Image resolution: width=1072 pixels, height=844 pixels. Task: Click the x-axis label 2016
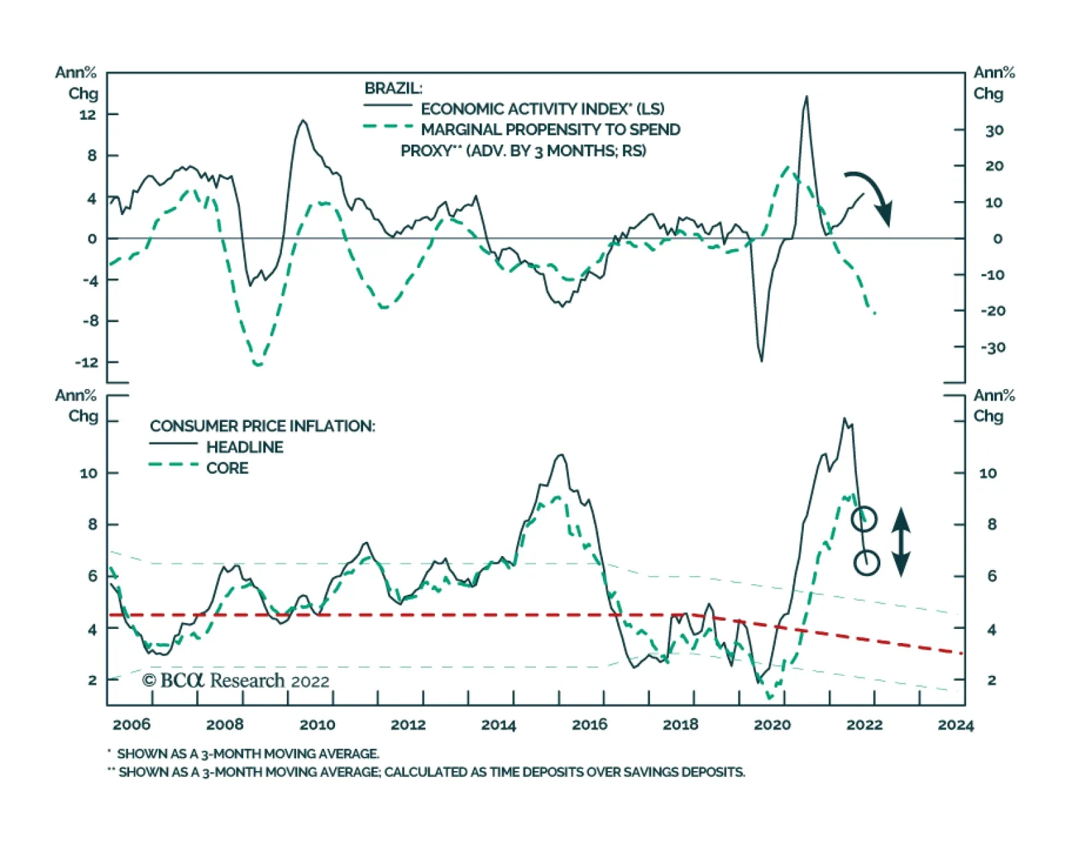tap(589, 725)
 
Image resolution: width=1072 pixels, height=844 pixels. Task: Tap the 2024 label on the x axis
tap(955, 725)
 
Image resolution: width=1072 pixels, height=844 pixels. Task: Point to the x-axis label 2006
tap(131, 725)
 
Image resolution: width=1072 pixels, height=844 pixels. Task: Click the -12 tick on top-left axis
tap(86, 362)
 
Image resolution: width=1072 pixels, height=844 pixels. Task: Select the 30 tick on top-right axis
tap(994, 131)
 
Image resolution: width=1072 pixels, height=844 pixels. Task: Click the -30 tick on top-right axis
tap(992, 348)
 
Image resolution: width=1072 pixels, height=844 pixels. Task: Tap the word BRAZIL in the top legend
tap(393, 88)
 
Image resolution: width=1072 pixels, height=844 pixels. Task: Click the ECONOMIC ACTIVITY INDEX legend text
tap(542, 109)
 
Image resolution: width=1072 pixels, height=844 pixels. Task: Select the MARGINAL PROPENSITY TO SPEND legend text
tap(550, 130)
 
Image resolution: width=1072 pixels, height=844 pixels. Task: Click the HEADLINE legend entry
tap(245, 447)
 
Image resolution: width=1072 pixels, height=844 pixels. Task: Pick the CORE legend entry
tap(227, 468)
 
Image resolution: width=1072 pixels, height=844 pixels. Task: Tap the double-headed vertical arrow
tap(901, 542)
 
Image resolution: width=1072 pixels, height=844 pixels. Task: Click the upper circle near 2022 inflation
tap(864, 518)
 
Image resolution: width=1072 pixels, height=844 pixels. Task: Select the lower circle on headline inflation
tap(866, 563)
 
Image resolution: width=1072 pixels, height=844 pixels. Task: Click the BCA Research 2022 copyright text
tap(236, 681)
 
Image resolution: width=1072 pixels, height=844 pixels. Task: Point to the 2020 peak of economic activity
tap(806, 97)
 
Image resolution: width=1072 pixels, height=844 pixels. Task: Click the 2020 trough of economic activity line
tap(761, 360)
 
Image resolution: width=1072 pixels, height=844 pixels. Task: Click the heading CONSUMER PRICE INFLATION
tap(262, 427)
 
